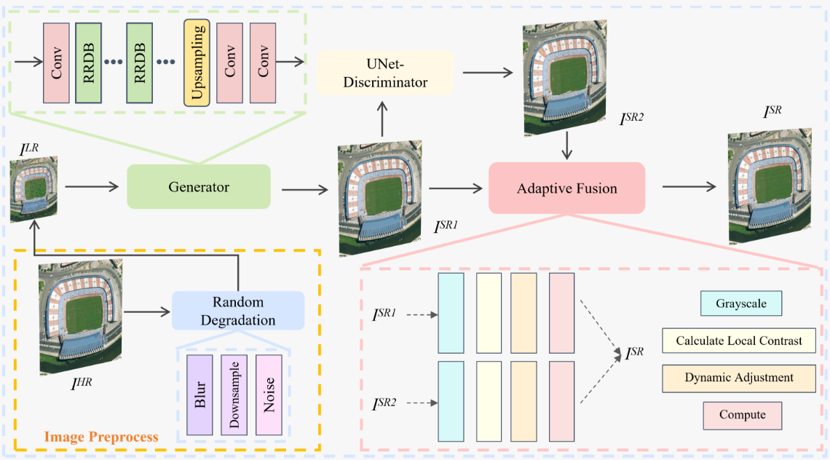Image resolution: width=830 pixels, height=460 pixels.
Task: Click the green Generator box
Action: coord(199,188)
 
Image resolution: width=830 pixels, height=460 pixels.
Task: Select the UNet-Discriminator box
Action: coord(385,74)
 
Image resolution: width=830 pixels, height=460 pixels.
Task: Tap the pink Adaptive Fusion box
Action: coord(566,189)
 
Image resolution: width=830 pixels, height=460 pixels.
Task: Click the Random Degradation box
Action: coord(238,311)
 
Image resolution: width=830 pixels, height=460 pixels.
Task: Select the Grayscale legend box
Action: coord(740,304)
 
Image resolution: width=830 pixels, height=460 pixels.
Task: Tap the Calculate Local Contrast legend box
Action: coord(738,341)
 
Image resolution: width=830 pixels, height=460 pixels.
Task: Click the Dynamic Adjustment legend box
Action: coord(738,378)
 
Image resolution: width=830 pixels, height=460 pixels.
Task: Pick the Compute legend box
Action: coord(742,415)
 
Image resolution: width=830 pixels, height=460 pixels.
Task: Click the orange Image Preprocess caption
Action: coord(101,437)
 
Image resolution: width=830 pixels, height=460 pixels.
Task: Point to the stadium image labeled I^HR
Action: coord(81,319)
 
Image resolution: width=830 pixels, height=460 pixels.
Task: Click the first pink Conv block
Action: coord(56,63)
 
